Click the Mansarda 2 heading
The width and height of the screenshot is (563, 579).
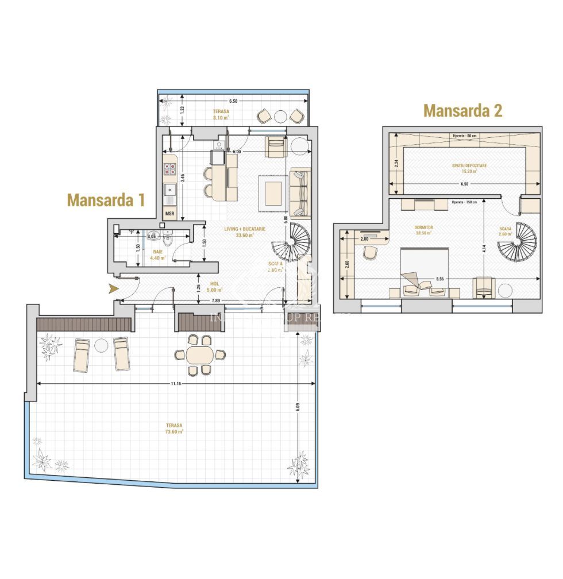462,110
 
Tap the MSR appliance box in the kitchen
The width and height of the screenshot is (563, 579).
170,214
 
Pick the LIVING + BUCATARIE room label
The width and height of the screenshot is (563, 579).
244,229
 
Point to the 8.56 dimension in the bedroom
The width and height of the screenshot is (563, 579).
440,279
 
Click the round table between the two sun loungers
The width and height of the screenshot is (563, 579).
101,346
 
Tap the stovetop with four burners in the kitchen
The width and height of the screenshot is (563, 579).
171,169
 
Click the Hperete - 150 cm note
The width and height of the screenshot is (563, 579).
465,202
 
